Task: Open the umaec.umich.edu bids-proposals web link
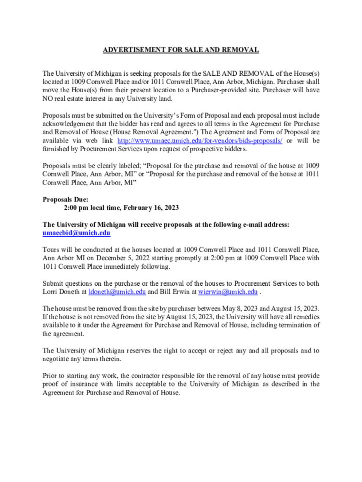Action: pyautogui.click(x=200, y=141)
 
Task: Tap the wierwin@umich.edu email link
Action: pyautogui.click(x=228, y=292)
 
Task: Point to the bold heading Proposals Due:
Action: pyautogui.click(x=65, y=199)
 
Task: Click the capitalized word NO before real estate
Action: pyautogui.click(x=48, y=98)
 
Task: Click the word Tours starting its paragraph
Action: pyautogui.click(x=51, y=249)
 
